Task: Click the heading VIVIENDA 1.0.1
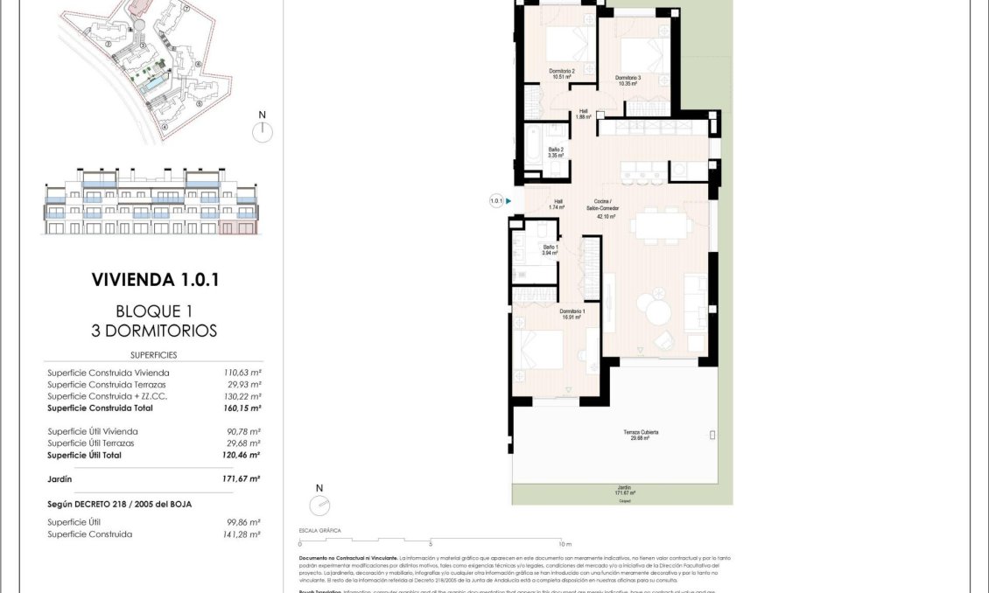click(154, 280)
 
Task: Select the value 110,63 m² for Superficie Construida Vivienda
click(242, 373)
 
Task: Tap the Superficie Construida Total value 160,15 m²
click(242, 408)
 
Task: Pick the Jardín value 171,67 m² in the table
click(242, 479)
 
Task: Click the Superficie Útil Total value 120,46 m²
click(242, 455)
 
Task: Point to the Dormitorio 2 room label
click(561, 73)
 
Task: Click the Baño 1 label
click(550, 250)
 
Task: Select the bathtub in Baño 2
click(533, 146)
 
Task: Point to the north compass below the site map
click(262, 131)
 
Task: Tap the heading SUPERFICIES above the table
click(154, 355)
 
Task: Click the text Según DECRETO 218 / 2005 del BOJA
click(119, 504)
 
